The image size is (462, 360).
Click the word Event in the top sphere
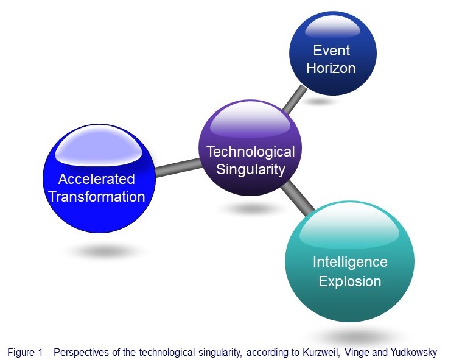click(x=332, y=51)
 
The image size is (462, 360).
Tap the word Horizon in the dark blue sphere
click(x=331, y=68)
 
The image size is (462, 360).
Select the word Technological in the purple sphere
click(x=251, y=152)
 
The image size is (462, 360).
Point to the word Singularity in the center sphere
click(x=251, y=169)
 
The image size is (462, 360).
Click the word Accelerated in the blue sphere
click(x=97, y=179)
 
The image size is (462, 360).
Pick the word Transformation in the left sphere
click(x=97, y=197)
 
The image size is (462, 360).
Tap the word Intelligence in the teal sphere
click(x=350, y=262)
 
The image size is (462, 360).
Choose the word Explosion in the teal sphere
click(x=350, y=281)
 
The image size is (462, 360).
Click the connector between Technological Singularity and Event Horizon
click(x=295, y=99)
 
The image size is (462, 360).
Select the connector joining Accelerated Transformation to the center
click(x=178, y=168)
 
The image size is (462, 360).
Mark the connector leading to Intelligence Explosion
click(x=298, y=197)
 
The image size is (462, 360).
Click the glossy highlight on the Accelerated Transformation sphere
click(x=99, y=147)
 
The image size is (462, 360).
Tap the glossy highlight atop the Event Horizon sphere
click(x=332, y=29)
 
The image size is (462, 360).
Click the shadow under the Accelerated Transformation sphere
click(x=105, y=252)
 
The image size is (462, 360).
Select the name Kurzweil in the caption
click(x=321, y=352)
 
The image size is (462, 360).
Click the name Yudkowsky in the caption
click(x=414, y=352)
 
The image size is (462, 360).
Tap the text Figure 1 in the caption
click(x=26, y=352)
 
